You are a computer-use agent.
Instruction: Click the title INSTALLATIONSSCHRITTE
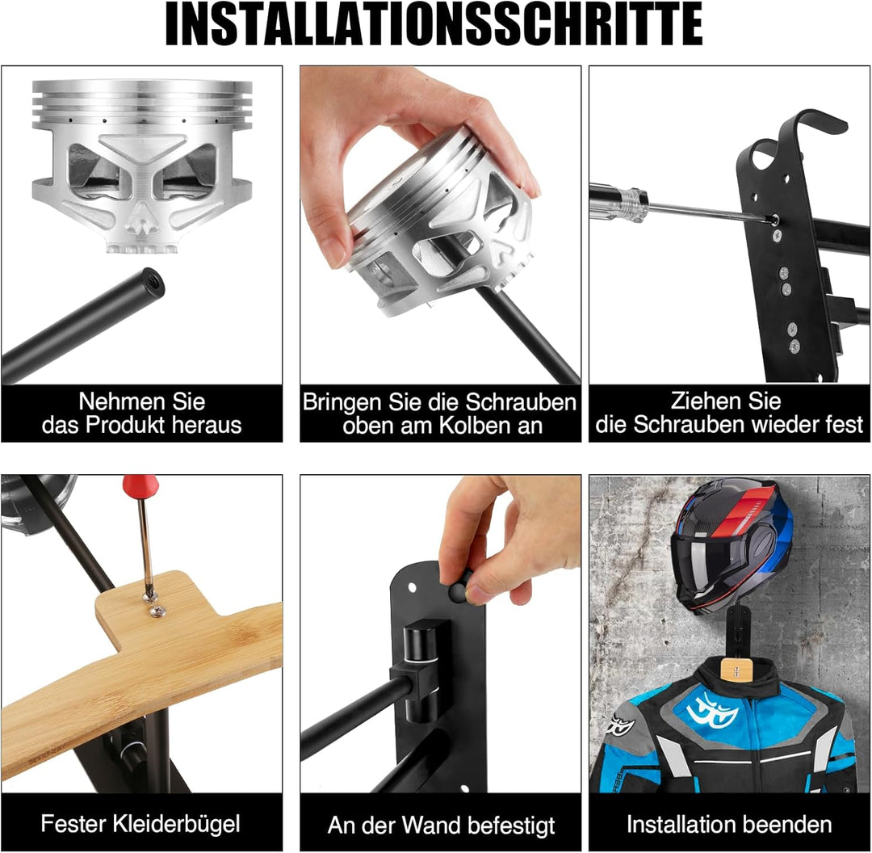(434, 24)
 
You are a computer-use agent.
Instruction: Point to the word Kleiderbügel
(185, 824)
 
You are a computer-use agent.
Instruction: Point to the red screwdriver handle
(140, 485)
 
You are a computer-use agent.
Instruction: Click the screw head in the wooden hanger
(158, 611)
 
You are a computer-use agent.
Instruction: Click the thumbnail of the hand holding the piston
(337, 254)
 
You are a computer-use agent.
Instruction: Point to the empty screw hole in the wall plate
(412, 587)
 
